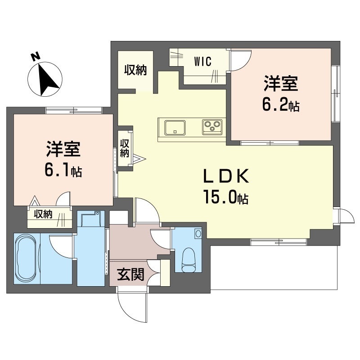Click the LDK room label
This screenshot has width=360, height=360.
226,176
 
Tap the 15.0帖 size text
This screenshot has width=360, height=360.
226,197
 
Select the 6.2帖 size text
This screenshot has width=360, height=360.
281,106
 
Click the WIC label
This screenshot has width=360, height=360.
203,62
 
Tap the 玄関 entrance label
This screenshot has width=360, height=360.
130,274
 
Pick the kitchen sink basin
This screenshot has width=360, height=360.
175,127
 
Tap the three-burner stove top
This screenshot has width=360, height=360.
212,127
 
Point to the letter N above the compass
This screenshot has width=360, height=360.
36,56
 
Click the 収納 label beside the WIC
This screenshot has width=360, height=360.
135,70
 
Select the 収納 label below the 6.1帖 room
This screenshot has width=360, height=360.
43,215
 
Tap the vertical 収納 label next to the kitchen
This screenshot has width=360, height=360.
125,148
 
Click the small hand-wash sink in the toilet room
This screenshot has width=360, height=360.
198,234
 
